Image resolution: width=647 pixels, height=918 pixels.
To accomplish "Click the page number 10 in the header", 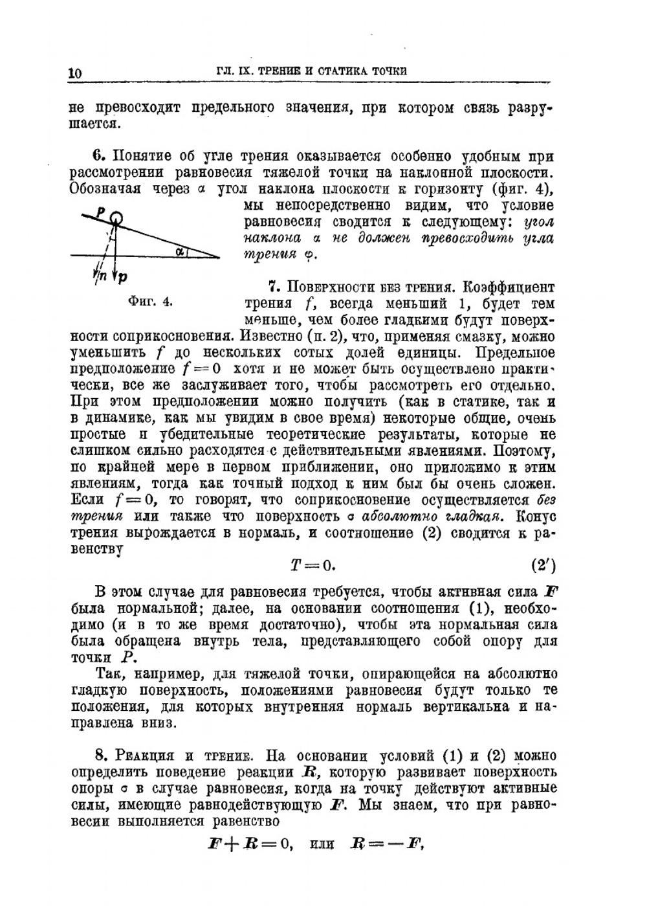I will coord(75,73).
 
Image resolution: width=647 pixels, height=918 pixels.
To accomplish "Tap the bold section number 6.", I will coord(98,156).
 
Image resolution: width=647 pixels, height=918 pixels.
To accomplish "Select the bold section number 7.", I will coord(272,287).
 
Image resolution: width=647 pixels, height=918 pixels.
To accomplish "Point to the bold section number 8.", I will coord(100,756).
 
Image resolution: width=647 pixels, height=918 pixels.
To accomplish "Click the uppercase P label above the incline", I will coord(101,211).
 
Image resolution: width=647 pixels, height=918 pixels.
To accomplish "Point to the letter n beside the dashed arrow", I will coord(100,276).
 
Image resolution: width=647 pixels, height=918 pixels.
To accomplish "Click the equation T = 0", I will coord(312,565).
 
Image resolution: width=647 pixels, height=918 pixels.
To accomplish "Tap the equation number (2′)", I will coord(543,565).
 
